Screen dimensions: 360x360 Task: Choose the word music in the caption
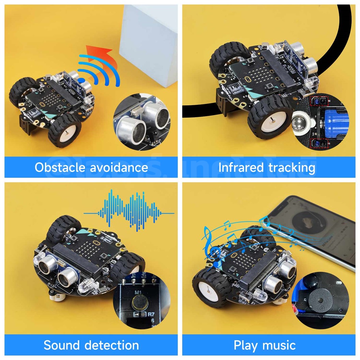click(279, 345)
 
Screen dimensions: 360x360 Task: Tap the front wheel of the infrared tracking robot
click(270, 118)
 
